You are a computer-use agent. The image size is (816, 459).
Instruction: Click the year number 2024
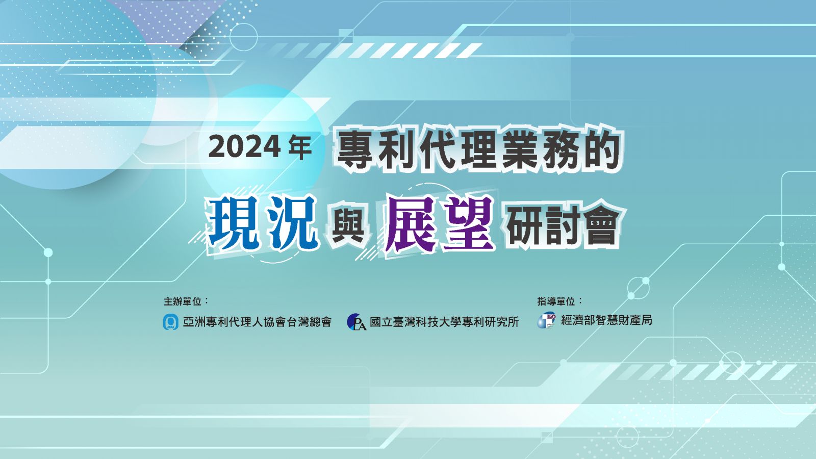[244, 147]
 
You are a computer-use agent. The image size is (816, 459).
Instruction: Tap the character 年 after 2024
[299, 147]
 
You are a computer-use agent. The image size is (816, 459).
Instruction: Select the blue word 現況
[263, 223]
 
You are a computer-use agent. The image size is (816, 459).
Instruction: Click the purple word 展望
[439, 223]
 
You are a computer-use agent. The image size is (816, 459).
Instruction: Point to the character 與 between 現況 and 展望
[349, 226]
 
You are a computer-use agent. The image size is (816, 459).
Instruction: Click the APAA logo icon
[170, 322]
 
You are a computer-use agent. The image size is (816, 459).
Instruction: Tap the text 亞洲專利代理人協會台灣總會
[257, 322]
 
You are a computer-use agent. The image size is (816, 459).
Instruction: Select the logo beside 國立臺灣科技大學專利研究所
[356, 322]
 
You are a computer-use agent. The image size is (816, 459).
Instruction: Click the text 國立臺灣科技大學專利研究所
[444, 322]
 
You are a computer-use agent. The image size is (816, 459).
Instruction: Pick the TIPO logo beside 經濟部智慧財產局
[546, 320]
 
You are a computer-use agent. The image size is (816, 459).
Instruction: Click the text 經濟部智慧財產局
[606, 320]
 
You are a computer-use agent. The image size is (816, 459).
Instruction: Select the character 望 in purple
[468, 223]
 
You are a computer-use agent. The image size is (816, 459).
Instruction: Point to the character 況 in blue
[292, 223]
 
